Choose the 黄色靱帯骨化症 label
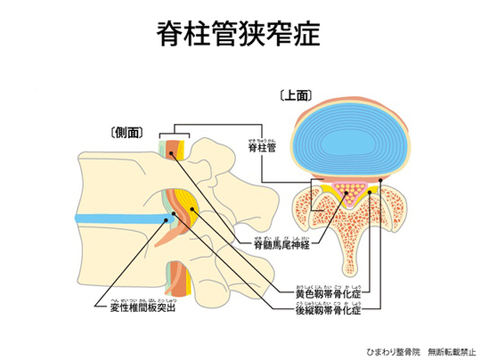[328, 291]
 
